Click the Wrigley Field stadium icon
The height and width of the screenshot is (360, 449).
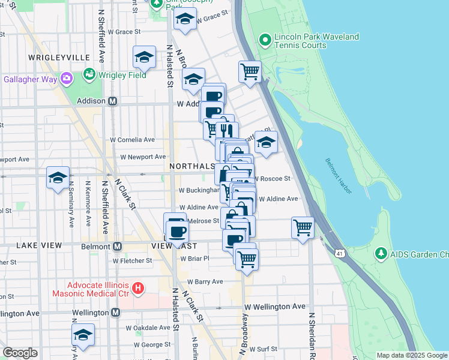(x=89, y=74)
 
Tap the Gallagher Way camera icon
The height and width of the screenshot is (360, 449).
(x=66, y=78)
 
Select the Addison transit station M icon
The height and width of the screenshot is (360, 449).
(x=112, y=101)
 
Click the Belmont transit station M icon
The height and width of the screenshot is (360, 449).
(x=117, y=246)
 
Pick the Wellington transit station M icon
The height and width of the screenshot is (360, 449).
(x=115, y=313)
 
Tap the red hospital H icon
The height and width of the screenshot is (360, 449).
(x=138, y=289)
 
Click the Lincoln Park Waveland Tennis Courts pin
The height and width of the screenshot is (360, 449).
(x=265, y=40)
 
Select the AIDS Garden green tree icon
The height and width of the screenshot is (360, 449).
(x=381, y=254)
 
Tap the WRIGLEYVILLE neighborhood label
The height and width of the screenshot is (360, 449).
(x=58, y=58)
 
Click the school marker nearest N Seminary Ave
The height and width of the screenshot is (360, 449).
(x=58, y=178)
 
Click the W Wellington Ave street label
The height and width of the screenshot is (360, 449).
(x=274, y=307)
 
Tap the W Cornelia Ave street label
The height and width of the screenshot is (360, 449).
(x=131, y=140)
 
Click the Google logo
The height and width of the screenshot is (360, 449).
(x=20, y=353)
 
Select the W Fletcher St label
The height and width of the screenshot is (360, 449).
(x=132, y=261)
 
